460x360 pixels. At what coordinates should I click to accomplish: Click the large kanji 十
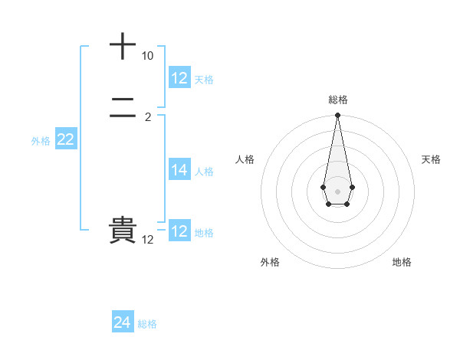point(123,46)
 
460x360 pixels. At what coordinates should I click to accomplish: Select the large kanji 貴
point(123,231)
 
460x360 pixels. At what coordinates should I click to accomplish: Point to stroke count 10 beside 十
point(147,57)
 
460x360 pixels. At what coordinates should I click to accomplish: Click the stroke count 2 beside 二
point(148,117)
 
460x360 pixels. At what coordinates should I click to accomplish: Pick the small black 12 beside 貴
point(148,240)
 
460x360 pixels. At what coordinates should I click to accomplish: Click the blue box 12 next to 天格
point(179,78)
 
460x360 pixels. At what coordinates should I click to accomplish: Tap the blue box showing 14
point(179,171)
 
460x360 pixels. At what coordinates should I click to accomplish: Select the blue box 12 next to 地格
point(179,231)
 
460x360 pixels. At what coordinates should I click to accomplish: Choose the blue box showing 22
point(66,139)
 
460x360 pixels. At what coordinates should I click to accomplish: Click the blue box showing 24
point(123,323)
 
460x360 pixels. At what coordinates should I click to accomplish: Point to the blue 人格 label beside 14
point(204,172)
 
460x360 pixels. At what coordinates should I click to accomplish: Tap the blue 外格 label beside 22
point(41,141)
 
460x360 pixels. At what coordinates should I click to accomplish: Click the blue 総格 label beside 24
point(147,324)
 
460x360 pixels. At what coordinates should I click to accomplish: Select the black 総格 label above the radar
point(338,100)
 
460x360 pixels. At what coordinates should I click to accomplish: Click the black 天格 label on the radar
point(431,159)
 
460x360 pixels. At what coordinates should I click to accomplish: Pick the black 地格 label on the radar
point(402,262)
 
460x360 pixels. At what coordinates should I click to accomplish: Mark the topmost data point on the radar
point(337,116)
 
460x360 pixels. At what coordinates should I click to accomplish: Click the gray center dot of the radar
point(337,191)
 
